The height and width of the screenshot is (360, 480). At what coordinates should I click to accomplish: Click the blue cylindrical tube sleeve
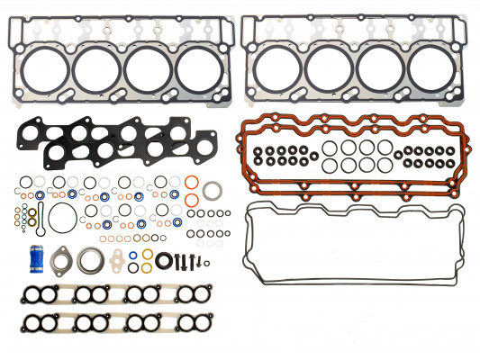pos(39,255)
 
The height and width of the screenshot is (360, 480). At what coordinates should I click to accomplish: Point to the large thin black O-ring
pos(61,219)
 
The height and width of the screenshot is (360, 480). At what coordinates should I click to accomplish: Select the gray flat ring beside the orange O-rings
pos(214,193)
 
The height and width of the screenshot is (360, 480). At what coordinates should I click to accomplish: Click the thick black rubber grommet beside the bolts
pos(165,262)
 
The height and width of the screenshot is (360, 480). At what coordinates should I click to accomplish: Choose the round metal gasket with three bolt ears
pos(90,260)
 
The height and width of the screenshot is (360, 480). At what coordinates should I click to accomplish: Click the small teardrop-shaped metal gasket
pos(118,262)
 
